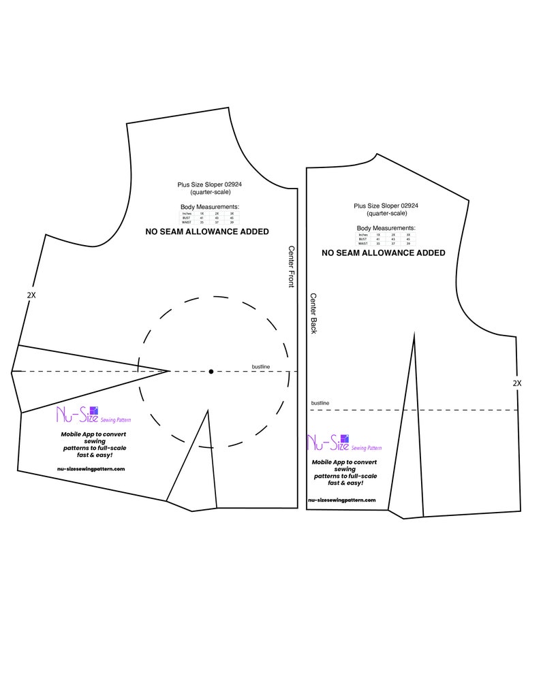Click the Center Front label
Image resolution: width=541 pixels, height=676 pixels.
tap(291, 266)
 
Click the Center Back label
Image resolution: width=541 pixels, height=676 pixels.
tap(313, 313)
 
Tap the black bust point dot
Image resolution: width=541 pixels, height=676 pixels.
tap(211, 371)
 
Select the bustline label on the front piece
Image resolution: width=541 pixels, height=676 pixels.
tap(261, 368)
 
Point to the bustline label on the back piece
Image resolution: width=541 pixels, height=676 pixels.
tap(320, 403)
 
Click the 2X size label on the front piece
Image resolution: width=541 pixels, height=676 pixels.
tap(31, 295)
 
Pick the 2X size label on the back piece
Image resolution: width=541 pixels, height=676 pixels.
tap(517, 383)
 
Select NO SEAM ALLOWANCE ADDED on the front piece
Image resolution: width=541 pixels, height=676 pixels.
tap(207, 231)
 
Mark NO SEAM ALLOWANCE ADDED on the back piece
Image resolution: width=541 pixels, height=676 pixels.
tap(384, 253)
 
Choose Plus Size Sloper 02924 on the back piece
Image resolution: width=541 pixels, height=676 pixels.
tap(386, 205)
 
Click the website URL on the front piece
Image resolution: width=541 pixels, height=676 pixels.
tap(91, 468)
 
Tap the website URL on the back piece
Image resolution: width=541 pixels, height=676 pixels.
tap(341, 500)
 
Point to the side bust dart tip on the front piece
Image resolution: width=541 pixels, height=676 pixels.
tap(169, 371)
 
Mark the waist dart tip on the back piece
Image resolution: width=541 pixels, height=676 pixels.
tap(414, 334)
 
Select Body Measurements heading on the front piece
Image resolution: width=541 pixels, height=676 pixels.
tap(210, 206)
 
